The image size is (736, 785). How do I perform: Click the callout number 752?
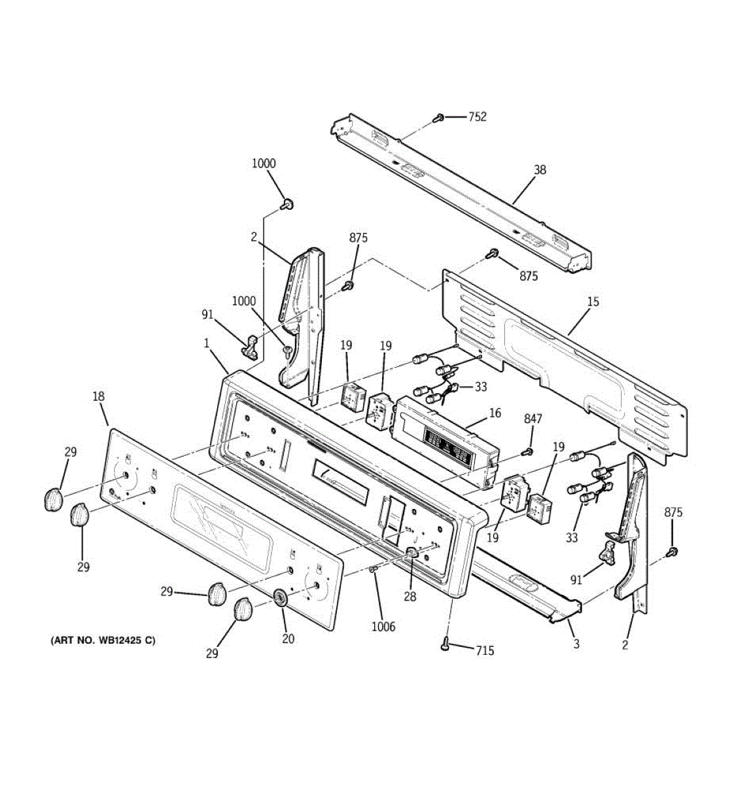pos(477,117)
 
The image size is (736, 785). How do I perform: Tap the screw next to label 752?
pos(440,118)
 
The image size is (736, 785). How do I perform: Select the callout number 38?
pos(540,170)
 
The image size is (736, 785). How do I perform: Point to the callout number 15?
pos(593,302)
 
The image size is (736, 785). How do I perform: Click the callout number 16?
pos(495,413)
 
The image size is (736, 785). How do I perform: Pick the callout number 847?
pos(533,419)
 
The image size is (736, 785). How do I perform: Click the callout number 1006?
pos(383,627)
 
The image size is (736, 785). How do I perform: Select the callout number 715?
pos(485,650)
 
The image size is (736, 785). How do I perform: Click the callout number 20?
pos(288,639)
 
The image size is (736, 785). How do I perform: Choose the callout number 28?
pos(410,596)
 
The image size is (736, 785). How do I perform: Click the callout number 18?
pos(98,396)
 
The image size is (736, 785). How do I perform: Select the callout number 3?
pos(576,644)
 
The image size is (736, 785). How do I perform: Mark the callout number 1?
pos(206,343)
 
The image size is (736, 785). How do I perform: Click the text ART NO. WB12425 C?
pos(103,640)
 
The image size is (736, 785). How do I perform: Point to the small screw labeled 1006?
pos(372,570)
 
